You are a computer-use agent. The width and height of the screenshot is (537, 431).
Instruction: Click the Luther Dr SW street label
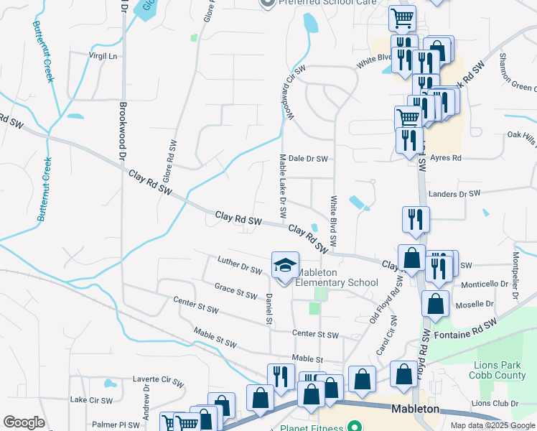pyautogui.click(x=240, y=265)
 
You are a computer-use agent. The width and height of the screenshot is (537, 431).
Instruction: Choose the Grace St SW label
pyautogui.click(x=235, y=291)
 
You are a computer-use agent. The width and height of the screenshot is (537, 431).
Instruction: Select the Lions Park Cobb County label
pyautogui.click(x=498, y=370)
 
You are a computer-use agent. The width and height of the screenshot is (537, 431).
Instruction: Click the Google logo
pyautogui.click(x=24, y=422)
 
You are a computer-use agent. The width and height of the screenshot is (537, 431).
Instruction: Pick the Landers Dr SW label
pyautogui.click(x=453, y=194)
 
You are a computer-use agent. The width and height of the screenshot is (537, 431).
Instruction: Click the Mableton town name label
pyautogui.click(x=416, y=409)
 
